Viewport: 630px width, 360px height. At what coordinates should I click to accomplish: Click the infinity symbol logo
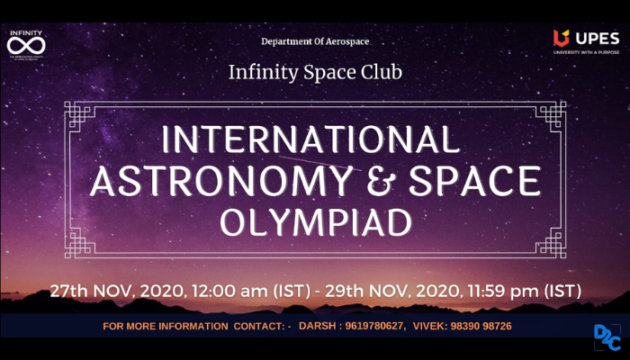point(26,46)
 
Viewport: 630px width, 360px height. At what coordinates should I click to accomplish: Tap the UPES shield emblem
point(561,38)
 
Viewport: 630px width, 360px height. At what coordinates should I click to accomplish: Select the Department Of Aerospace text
point(315,41)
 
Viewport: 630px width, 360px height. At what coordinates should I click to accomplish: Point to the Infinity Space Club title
point(315,70)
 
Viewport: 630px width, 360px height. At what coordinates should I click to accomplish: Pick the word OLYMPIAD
point(314,221)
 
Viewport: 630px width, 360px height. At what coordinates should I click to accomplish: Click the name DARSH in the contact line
point(319,325)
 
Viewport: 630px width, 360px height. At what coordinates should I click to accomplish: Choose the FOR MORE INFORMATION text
point(167,325)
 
